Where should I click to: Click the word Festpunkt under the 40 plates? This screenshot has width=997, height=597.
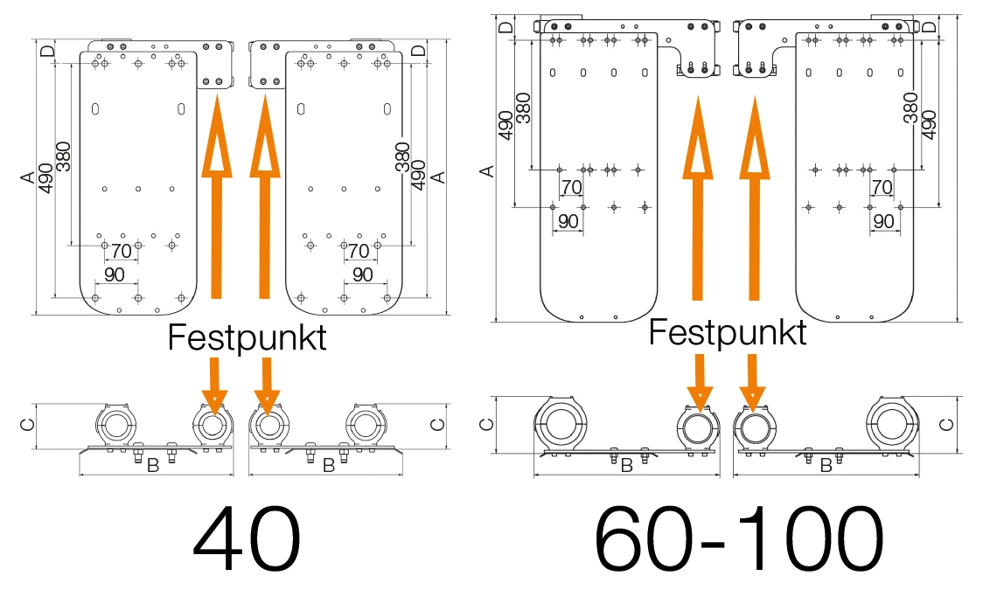247,337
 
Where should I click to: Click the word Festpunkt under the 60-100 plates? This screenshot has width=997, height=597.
728,332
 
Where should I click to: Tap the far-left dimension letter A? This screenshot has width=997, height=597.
29,177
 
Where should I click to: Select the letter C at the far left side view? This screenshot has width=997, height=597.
29,424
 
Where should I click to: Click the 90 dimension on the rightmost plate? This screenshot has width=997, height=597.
883,221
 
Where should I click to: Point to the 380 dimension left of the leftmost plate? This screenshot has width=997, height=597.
63,157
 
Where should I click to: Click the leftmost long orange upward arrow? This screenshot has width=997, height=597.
217,197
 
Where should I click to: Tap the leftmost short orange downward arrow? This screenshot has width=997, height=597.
215,380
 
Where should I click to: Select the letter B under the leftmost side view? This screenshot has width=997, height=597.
153,466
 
